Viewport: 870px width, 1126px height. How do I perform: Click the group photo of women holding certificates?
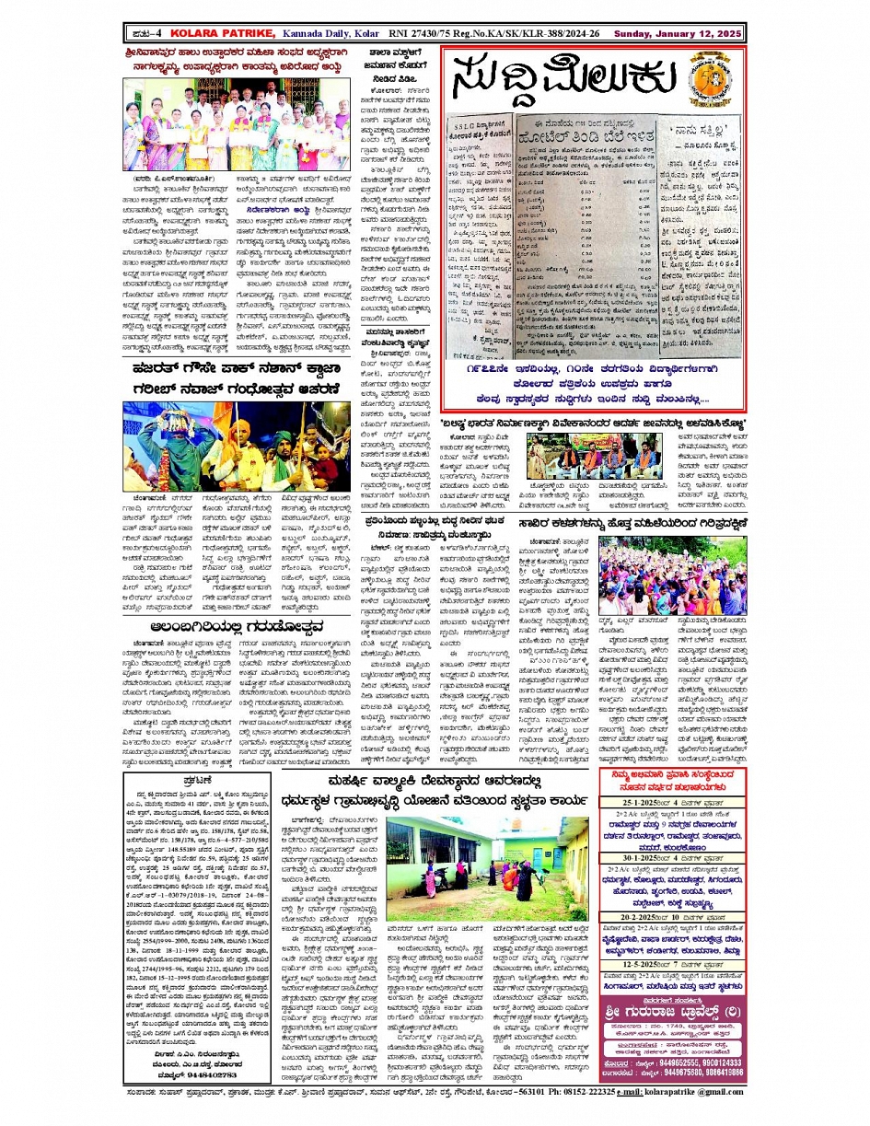pos(210,124)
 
